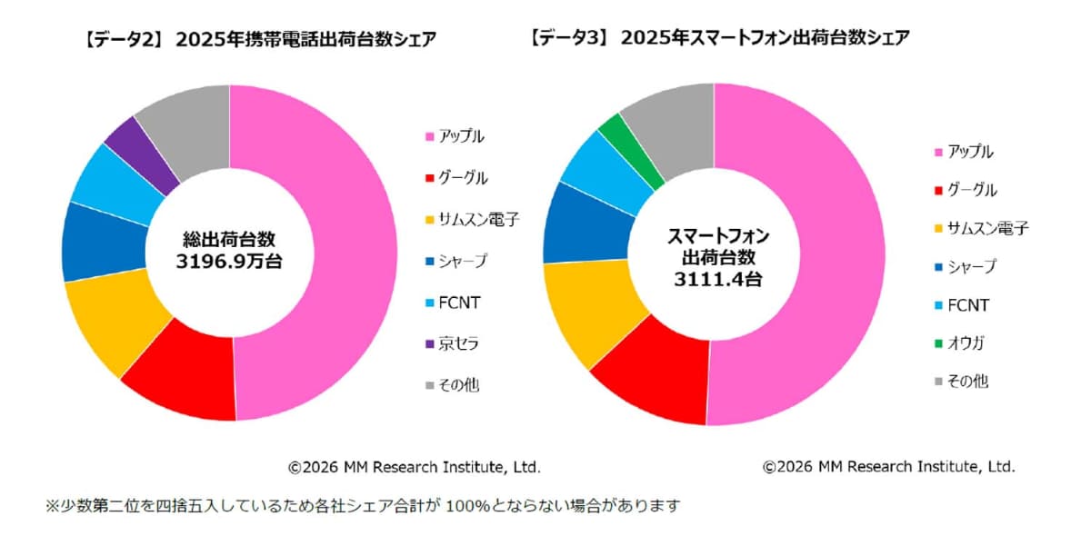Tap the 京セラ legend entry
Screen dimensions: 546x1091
pyautogui.click(x=460, y=343)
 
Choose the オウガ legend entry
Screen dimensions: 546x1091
pyautogui.click(x=966, y=342)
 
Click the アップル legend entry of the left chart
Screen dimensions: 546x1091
pyautogui.click(x=462, y=136)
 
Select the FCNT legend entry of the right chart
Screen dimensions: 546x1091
pyautogui.click(x=967, y=305)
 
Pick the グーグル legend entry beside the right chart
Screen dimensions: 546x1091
pyautogui.click(x=971, y=191)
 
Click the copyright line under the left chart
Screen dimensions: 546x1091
pyautogui.click(x=414, y=467)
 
